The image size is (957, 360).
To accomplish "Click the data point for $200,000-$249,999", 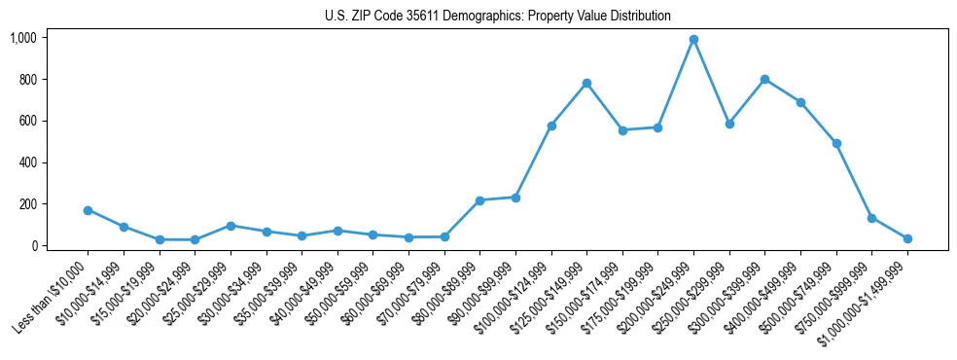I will [693, 40].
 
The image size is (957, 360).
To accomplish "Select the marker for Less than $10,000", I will [88, 210].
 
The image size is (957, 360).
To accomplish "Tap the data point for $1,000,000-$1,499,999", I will [907, 238].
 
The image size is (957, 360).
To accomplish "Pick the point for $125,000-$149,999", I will [586, 84].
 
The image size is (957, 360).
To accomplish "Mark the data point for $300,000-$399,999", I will [764, 79].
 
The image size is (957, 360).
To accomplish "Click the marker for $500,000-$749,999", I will [836, 143].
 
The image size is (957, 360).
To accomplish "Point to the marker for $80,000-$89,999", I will [479, 200].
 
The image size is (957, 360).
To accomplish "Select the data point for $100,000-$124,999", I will [551, 126].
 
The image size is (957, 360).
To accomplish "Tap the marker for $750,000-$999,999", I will [871, 218].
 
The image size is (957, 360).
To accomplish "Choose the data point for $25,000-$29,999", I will [230, 226].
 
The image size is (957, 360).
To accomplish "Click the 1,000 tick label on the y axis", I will [22, 38].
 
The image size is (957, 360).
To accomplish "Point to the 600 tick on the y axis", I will [26, 121].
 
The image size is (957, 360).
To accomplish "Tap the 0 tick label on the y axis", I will [33, 246].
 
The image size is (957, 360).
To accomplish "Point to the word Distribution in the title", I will [635, 17].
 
